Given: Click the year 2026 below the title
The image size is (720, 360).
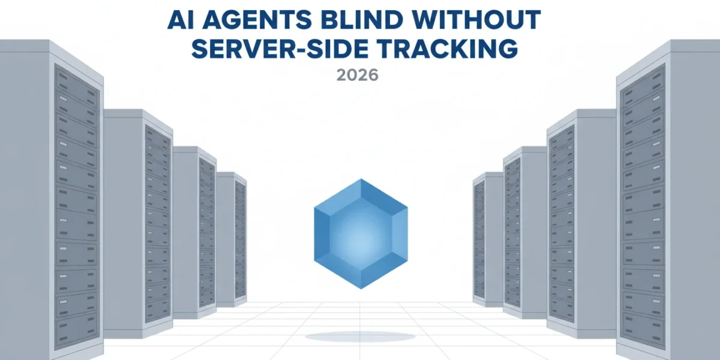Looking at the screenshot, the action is tap(358, 75).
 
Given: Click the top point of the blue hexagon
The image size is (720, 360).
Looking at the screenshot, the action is tap(361, 179).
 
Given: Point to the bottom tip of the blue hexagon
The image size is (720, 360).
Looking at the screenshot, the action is tap(361, 289).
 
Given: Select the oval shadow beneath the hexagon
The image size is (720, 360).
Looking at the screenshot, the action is tap(360, 337).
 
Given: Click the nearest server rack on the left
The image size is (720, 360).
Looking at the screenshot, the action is tap(52, 199).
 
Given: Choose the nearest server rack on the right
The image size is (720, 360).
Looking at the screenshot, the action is tap(668, 199).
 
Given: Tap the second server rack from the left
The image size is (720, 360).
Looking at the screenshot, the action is tap(138, 224).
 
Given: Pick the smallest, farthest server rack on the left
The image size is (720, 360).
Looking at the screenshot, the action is tap(232, 239).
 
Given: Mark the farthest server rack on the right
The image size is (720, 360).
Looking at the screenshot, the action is tap(488, 239).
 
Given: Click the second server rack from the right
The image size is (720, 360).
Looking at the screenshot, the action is tap(581, 224).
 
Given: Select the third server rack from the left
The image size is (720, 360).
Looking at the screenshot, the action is tap(195, 233).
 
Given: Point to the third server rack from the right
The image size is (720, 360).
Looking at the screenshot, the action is tap(525, 233).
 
